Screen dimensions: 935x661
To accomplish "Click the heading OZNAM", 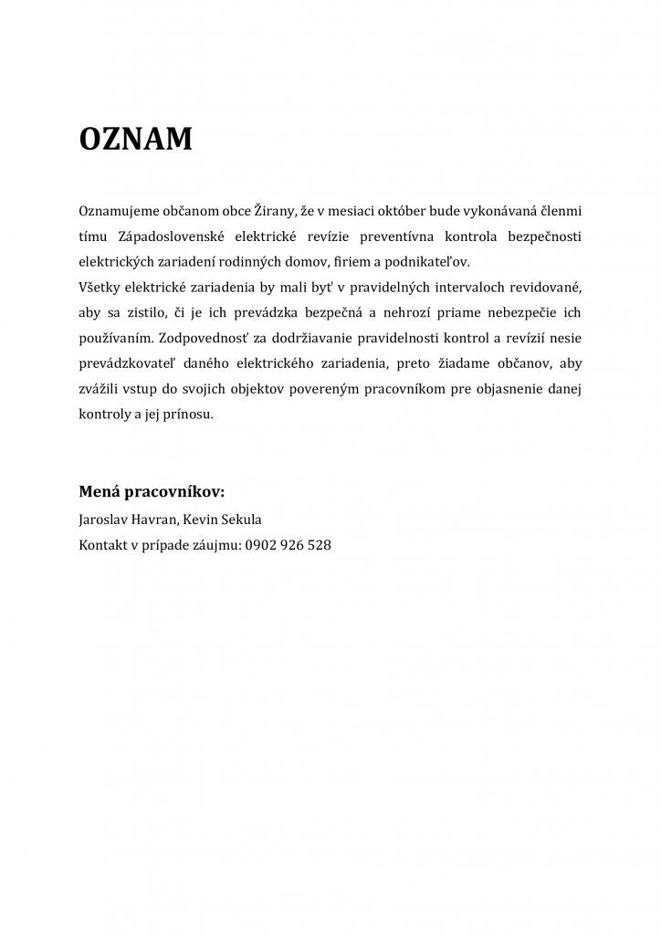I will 135,140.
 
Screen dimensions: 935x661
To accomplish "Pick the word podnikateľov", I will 427,261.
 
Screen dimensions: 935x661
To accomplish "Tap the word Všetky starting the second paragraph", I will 100,287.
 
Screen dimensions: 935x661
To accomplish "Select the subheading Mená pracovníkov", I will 152,492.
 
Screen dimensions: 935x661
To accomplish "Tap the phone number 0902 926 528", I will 288,545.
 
